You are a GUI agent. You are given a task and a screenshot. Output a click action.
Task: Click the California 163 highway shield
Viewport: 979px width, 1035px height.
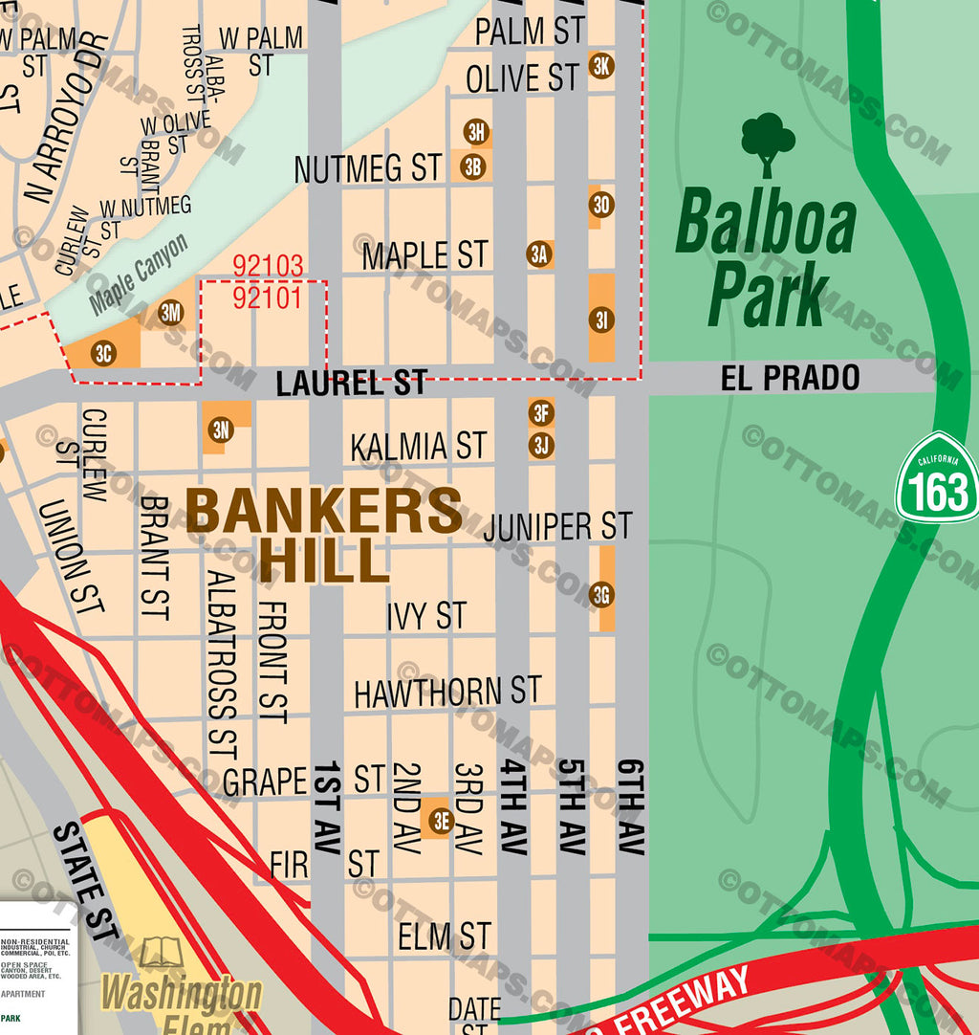[937, 478]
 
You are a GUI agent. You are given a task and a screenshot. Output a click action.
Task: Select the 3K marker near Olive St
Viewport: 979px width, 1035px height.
[601, 66]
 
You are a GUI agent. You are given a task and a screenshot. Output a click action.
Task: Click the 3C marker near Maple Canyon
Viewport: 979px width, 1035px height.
[104, 353]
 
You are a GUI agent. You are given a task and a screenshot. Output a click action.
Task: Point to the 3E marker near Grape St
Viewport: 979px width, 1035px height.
[440, 820]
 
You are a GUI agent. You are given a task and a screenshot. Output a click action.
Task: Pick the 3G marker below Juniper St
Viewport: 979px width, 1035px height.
[601, 595]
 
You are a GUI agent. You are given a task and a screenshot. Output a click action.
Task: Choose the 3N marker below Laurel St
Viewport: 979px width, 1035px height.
[221, 429]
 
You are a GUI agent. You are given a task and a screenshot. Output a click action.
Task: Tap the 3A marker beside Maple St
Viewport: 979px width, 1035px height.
[539, 253]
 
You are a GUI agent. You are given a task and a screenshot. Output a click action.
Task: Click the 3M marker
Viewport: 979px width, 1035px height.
[171, 312]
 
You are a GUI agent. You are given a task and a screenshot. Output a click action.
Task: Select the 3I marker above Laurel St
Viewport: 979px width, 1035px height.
[601, 319]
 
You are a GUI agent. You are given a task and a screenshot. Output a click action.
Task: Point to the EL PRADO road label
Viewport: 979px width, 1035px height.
[790, 378]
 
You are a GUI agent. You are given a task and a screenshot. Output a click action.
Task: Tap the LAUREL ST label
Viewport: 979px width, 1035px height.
[351, 385]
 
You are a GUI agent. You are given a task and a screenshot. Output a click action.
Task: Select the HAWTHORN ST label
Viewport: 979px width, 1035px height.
[447, 692]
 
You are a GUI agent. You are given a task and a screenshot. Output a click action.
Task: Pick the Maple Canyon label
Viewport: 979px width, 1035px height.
[140, 275]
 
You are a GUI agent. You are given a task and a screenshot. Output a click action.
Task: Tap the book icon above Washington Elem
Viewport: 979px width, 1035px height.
[161, 953]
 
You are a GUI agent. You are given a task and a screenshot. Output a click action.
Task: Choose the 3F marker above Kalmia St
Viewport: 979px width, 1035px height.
[541, 413]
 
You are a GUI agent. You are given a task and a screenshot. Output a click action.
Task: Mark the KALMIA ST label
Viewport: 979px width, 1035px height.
[419, 447]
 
